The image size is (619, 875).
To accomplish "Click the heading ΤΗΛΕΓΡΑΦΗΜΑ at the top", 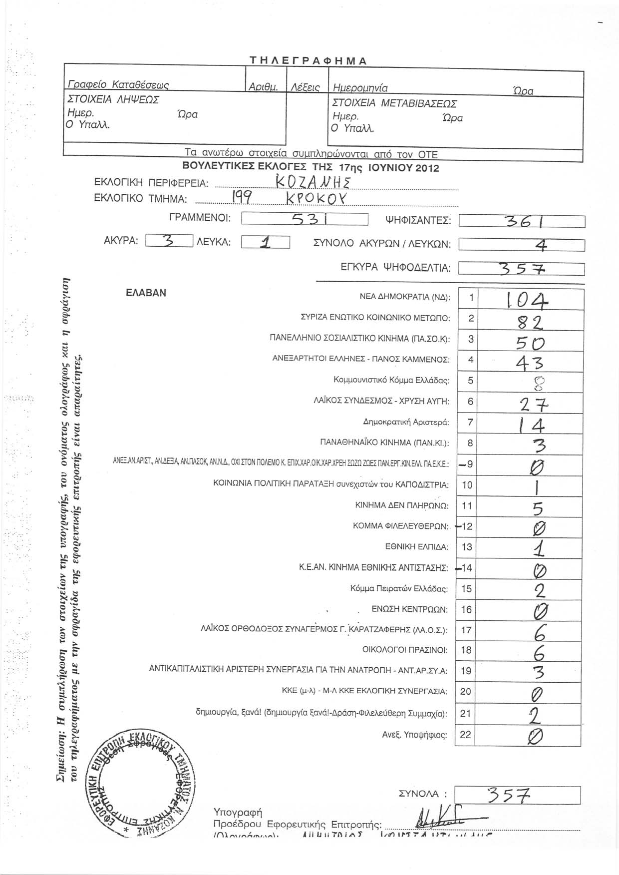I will coord(308,61).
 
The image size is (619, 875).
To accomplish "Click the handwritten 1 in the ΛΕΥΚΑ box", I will coord(265,243).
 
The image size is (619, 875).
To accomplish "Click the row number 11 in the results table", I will coord(466,505).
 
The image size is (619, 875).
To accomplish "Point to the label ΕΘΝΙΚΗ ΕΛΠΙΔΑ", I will coord(416,547).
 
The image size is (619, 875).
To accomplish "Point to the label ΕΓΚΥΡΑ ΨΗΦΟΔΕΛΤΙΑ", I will coord(395,269).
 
